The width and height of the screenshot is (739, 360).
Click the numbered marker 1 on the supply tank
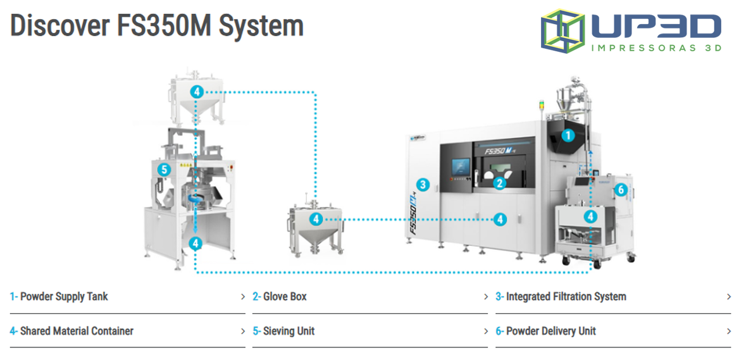568,135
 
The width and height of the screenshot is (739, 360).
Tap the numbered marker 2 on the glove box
500,183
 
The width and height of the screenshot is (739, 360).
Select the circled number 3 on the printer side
423,185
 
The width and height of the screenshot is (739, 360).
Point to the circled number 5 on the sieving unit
164,169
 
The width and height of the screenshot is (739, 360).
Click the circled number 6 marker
621,189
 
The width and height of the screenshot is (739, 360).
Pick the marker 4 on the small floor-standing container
316,219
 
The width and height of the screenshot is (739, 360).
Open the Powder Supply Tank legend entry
64,296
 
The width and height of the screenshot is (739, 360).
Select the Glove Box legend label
285,296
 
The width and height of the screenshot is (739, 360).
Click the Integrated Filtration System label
566,296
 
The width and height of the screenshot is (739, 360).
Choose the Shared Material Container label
77,331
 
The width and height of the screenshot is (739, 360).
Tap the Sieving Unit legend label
289,331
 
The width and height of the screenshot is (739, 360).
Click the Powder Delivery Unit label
551,331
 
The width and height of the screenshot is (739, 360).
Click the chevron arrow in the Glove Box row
486,297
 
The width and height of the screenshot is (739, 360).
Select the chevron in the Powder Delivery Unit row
729,331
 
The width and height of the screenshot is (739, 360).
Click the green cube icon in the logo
562,30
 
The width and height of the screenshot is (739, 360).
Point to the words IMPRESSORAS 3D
655,47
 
